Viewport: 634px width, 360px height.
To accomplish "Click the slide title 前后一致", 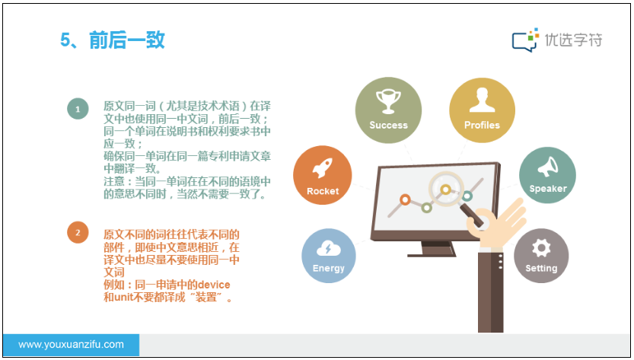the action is click(126, 40).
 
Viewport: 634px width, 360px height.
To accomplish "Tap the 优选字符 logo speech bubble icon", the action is click(525, 40).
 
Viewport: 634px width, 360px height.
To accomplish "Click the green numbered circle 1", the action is click(78, 109).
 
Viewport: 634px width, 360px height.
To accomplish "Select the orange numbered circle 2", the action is click(78, 233).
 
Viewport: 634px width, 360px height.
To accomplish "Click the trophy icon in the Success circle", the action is click(388, 101).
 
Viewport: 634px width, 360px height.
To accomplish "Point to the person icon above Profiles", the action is click(482, 100).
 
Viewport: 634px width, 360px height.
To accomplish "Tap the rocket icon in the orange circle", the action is click(322, 168).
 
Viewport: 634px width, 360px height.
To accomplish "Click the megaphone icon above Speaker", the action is click(547, 167).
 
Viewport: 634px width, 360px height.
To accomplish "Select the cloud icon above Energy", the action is click(329, 248).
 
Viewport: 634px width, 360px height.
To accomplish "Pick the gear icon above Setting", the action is click(541, 247).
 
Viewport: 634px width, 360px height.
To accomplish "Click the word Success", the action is click(389, 126).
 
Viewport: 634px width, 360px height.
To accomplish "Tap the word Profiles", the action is click(482, 126).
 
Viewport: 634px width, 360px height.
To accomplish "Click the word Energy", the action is click(329, 269).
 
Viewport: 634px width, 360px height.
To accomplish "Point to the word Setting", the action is click(541, 269).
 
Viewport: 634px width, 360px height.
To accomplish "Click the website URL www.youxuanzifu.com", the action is click(72, 345).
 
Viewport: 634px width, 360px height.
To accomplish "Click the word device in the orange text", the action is click(214, 285).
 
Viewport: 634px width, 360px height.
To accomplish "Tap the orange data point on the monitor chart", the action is click(405, 199).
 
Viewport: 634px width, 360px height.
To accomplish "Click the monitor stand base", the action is click(432, 255).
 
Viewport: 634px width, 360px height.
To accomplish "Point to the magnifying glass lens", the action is click(446, 189).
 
